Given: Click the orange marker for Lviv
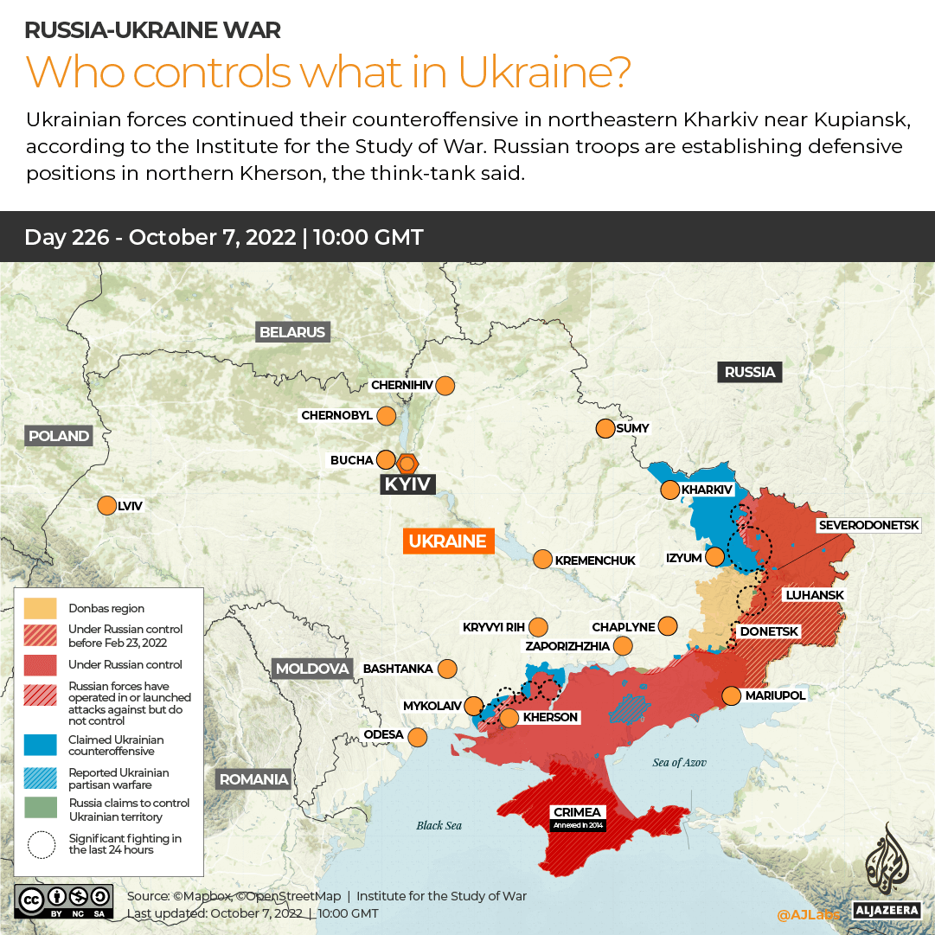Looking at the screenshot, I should tap(107, 506).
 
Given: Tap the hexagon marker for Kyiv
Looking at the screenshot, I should tap(407, 462).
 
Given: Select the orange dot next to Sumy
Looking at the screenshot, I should tap(605, 428).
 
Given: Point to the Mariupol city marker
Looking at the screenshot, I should tap(731, 695).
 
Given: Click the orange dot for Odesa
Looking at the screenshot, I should tap(418, 737).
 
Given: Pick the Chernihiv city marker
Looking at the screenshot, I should tap(445, 385).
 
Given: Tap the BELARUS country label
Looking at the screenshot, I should tap(292, 332).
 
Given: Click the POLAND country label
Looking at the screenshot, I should tap(59, 436).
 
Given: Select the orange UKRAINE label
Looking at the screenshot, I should tap(447, 541).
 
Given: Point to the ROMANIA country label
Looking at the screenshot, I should tap(253, 779).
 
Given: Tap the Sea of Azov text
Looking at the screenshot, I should tap(679, 762).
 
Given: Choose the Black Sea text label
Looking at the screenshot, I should tap(439, 825).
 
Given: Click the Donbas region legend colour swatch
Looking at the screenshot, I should tap(41, 608).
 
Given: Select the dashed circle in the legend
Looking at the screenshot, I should tap(41, 844).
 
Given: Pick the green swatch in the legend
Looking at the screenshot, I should tap(41, 810).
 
